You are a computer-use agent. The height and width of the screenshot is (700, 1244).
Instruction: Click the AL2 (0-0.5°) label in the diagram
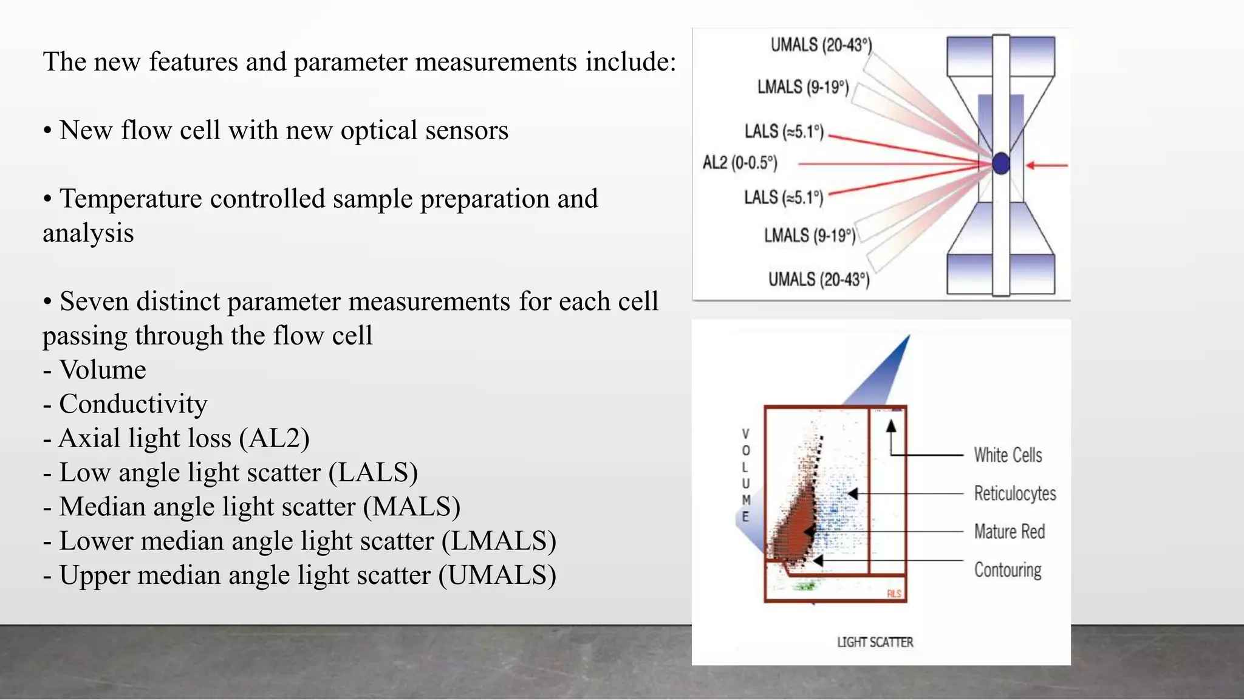click(740, 163)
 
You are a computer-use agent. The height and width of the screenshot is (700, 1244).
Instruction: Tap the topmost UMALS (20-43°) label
click(821, 46)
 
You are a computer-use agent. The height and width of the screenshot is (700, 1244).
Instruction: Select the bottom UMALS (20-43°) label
click(818, 280)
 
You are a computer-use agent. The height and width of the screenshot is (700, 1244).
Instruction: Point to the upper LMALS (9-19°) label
click(802, 87)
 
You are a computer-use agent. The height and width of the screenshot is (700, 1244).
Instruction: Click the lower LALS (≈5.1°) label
click(783, 197)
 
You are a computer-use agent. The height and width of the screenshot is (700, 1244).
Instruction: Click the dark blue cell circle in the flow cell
click(1001, 163)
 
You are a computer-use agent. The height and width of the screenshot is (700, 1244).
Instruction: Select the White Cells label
click(1008, 455)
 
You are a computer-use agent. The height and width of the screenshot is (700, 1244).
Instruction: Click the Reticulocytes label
click(1014, 493)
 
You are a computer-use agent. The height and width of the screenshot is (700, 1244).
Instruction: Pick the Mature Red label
click(1009, 532)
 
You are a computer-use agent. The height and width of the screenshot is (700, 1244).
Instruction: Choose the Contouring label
click(1007, 570)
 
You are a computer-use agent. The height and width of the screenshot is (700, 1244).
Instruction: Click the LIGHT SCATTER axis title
click(875, 642)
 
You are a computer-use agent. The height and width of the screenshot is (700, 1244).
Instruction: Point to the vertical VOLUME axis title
click(746, 475)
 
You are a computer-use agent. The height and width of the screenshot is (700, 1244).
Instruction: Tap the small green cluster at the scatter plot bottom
click(805, 586)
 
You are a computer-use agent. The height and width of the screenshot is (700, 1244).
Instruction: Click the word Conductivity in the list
click(133, 404)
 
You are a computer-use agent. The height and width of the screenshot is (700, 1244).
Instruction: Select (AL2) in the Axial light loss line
click(274, 438)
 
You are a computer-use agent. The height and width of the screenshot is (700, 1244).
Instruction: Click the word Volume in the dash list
click(103, 370)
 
